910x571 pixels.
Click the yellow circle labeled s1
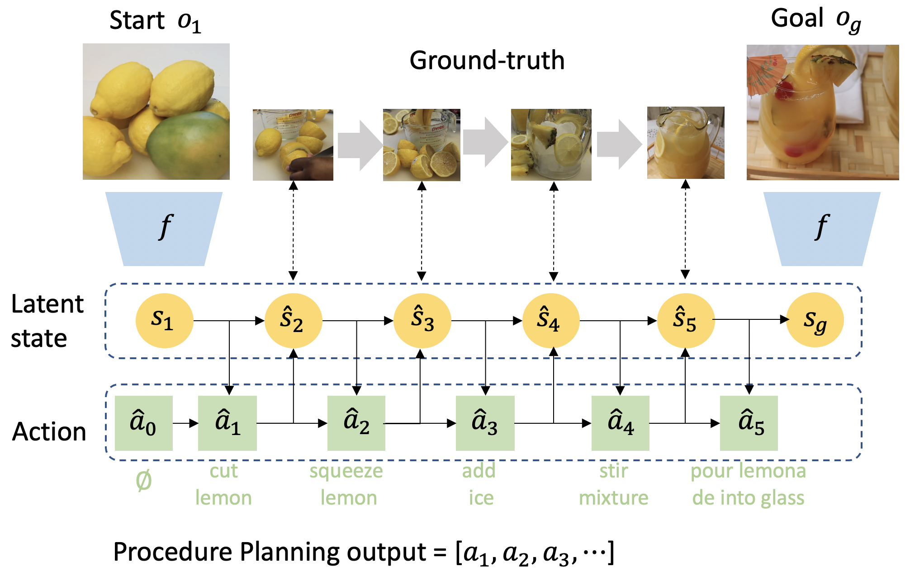point(164,320)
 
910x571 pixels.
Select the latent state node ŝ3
point(422,320)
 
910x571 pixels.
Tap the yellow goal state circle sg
point(815,320)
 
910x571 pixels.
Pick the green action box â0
point(143,423)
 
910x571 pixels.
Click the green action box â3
point(485,423)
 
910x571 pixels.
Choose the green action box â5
point(749,423)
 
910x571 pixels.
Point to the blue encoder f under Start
point(164,229)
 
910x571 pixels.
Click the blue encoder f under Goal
point(822,229)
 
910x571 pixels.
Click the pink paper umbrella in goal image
point(764,72)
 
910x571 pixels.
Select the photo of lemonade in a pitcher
point(685,143)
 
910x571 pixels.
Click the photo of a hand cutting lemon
point(293,145)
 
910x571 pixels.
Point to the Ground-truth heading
point(487,60)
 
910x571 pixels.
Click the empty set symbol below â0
point(143,481)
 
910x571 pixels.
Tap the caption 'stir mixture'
point(613,484)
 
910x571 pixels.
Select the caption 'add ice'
point(479,484)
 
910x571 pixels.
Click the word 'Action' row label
point(49,431)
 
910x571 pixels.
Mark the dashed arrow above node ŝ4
point(553,230)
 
